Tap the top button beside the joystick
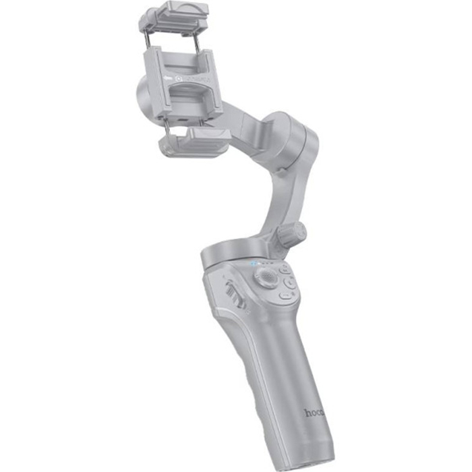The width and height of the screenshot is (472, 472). coord(286,268)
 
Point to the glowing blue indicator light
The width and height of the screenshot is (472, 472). coord(256,264)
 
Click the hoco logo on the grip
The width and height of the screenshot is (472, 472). coord(315,411)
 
